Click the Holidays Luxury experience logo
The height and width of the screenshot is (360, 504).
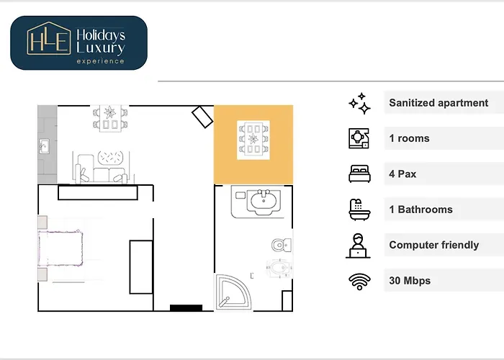coord(78,42)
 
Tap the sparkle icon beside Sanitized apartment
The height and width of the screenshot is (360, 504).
coord(359,104)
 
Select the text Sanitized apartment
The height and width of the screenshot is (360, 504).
coord(438,103)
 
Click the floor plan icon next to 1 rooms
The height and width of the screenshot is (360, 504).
coord(359,138)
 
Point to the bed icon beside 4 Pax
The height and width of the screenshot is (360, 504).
coord(359,174)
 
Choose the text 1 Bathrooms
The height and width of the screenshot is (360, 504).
coord(421,210)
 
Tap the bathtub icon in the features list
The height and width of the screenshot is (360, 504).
coord(359,210)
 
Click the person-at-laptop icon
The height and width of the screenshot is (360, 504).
coord(359,245)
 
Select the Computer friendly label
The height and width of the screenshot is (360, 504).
coord(433,245)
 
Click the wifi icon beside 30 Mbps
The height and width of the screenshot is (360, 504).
coord(359,281)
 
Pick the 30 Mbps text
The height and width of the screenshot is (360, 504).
coord(410,280)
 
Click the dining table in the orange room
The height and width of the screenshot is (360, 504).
coord(253,139)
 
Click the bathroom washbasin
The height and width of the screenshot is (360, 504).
coord(262,201)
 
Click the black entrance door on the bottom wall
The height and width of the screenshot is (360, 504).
coord(186,307)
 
